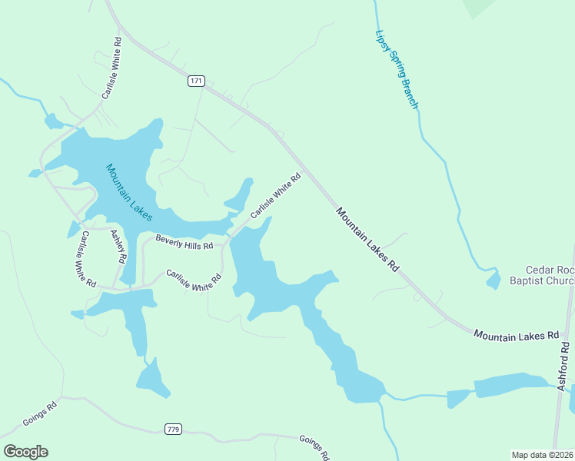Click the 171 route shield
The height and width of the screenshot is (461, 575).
pyautogui.click(x=198, y=81)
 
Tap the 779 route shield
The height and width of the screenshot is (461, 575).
pyautogui.click(x=172, y=429)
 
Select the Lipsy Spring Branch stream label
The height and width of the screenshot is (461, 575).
pyautogui.click(x=397, y=69)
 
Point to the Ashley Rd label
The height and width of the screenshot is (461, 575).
pyautogui.click(x=118, y=247)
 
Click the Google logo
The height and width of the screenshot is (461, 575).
pyautogui.click(x=25, y=452)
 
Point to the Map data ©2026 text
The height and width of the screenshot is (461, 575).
pyautogui.click(x=542, y=455)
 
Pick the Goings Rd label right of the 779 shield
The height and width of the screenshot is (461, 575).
pyautogui.click(x=314, y=446)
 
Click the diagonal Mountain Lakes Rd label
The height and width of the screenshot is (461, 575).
pyautogui.click(x=368, y=239)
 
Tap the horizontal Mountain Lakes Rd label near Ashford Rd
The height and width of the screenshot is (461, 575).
pyautogui.click(x=516, y=336)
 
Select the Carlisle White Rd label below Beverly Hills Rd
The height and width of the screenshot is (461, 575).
pyautogui.click(x=194, y=280)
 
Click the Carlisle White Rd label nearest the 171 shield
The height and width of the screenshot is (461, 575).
pyautogui.click(x=112, y=68)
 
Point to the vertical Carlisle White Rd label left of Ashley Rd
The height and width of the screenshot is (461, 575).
pyautogui.click(x=85, y=259)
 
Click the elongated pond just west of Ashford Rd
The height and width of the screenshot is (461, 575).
pyautogui.click(x=511, y=384)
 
